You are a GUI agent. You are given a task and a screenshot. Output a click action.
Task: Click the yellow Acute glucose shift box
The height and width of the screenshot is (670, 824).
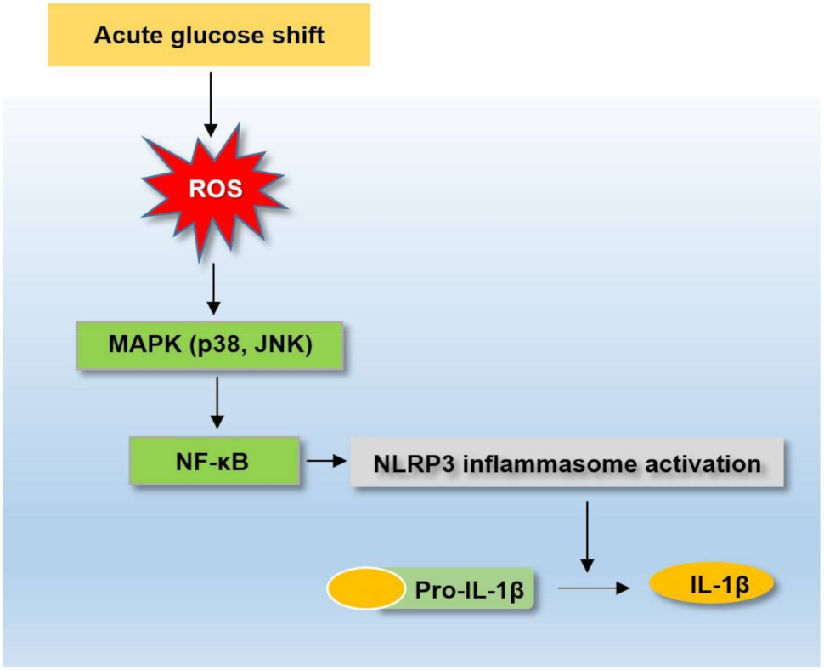tap(208, 35)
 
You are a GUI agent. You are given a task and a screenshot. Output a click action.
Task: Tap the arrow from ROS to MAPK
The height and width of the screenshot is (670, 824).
tap(213, 288)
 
